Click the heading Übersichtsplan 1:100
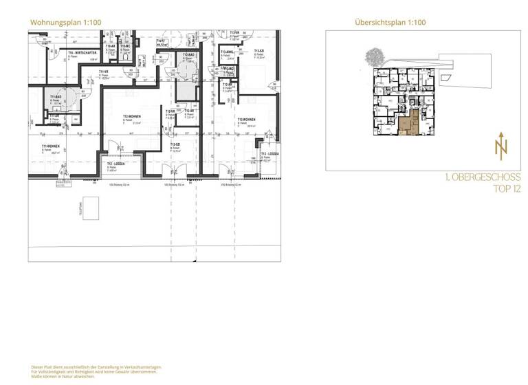pos(390,22)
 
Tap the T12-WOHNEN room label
pos(132,116)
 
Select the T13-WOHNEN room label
pos(246,119)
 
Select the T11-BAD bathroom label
pos(55,97)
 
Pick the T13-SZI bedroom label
pos(260,52)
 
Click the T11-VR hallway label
pos(104,71)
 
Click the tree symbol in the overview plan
pos(375,55)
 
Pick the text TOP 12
pos(507,190)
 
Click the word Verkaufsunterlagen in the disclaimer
pos(143,368)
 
